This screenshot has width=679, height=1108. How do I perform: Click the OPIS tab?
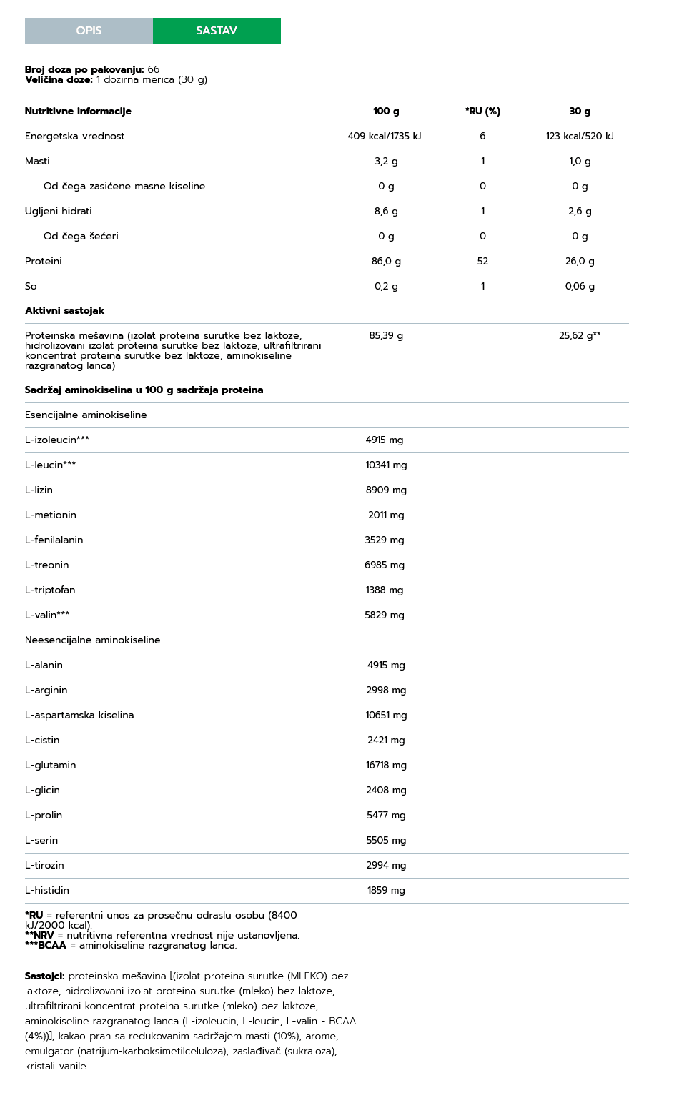89,31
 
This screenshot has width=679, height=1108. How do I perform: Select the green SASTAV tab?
217,31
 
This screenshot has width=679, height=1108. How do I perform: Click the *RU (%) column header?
482,112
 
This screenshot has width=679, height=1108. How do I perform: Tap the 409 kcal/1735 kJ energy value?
385,137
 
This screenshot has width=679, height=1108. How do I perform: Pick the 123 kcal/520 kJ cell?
580,137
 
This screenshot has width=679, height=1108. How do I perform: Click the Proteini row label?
44,262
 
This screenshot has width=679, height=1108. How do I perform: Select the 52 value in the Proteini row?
482,262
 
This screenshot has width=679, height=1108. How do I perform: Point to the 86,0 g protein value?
386,262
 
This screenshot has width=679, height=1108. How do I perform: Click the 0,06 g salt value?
580,287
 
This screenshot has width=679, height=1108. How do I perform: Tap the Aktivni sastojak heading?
64,311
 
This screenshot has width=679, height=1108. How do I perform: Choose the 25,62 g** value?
580,336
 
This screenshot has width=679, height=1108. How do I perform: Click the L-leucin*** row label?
50,465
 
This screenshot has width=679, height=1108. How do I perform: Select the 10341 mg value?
386,465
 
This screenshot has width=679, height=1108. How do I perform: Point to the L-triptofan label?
50,590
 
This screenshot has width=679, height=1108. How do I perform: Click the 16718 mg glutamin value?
386,766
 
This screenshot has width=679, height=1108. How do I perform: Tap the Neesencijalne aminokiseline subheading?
92,640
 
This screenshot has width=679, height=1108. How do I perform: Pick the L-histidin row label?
47,891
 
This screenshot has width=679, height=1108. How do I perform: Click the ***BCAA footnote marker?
46,946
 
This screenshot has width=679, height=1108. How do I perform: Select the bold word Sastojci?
44,976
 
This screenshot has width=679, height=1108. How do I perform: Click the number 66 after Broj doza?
154,70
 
